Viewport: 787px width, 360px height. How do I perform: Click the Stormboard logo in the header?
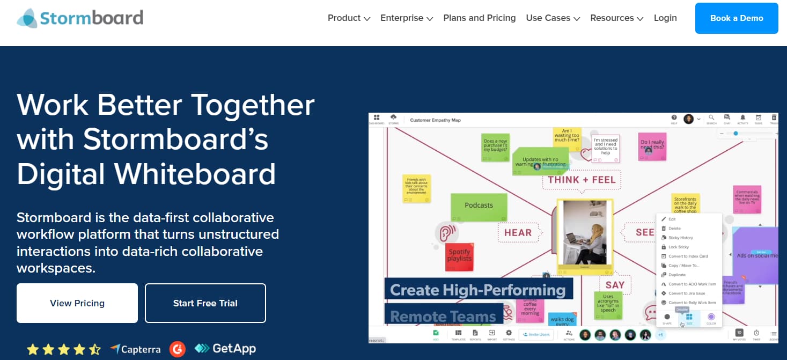[80, 18]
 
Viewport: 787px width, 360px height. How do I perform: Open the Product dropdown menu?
[349, 18]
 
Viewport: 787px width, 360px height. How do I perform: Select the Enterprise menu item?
[406, 18]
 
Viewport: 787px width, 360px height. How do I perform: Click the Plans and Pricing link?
[479, 18]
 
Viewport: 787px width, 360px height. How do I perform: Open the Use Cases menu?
[553, 18]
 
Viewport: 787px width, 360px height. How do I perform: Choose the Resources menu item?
[616, 18]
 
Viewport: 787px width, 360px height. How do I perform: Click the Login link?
[665, 18]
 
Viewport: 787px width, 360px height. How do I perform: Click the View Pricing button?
[77, 303]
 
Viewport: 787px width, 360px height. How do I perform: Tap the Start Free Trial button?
[205, 303]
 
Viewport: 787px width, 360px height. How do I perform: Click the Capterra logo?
[135, 349]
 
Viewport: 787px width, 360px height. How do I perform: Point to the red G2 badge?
[177, 349]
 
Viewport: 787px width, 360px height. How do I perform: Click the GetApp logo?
[225, 349]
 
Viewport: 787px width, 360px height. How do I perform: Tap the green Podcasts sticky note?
[479, 206]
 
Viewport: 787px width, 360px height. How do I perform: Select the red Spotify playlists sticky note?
[459, 256]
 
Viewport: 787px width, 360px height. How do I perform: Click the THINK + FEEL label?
[582, 180]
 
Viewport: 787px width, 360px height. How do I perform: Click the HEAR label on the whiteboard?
[518, 233]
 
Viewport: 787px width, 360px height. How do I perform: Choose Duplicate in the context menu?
[677, 275]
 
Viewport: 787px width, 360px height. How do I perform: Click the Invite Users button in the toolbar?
[536, 334]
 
